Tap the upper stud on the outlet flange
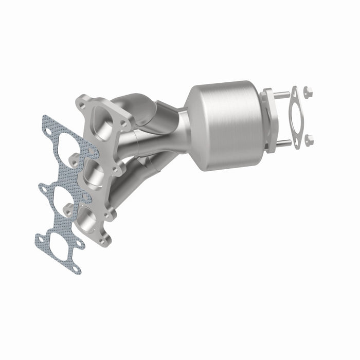(282, 94)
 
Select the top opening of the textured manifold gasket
(66, 148)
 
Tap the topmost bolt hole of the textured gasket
(48, 132)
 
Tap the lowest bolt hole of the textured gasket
(76, 268)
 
